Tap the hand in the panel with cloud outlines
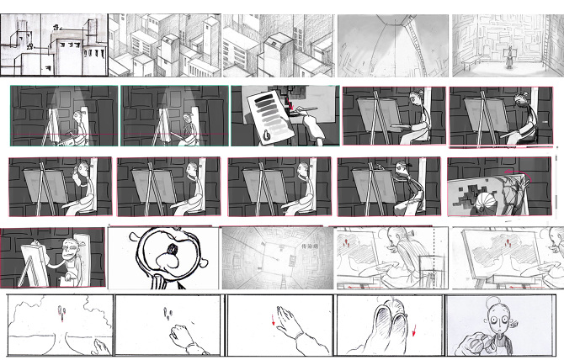[x=99, y=345]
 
